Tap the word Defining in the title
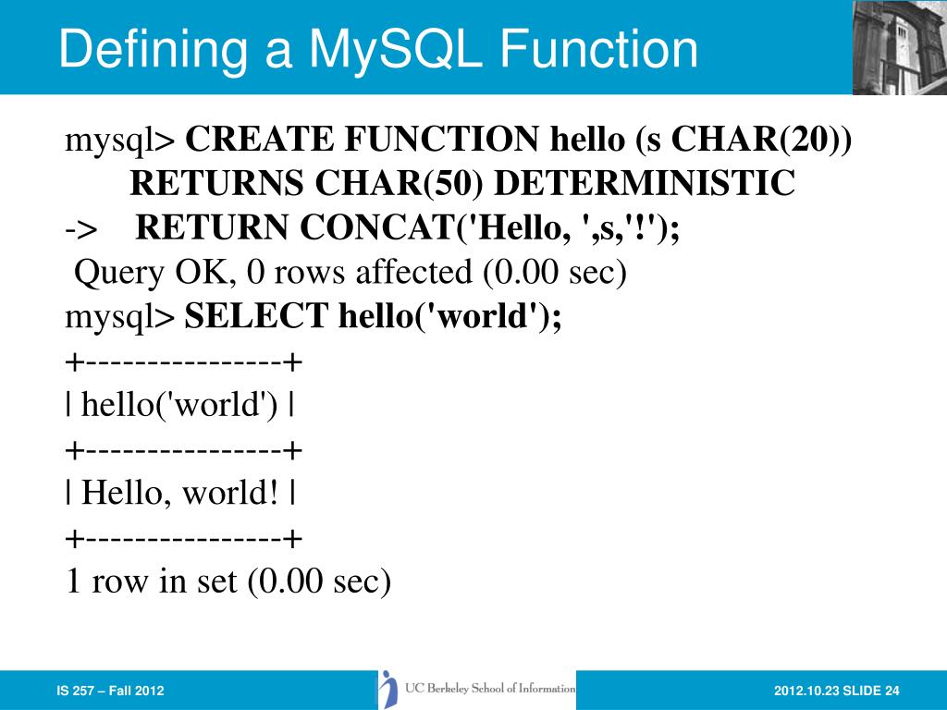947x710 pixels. click(x=151, y=49)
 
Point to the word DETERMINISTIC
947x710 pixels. click(x=644, y=184)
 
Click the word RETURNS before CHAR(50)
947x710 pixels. click(x=217, y=184)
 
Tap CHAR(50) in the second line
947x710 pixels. click(x=400, y=184)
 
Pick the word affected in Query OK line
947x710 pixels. click(x=414, y=273)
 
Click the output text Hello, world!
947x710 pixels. click(x=179, y=493)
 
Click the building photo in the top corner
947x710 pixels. click(x=899, y=47)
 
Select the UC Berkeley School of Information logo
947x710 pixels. click(x=477, y=690)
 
